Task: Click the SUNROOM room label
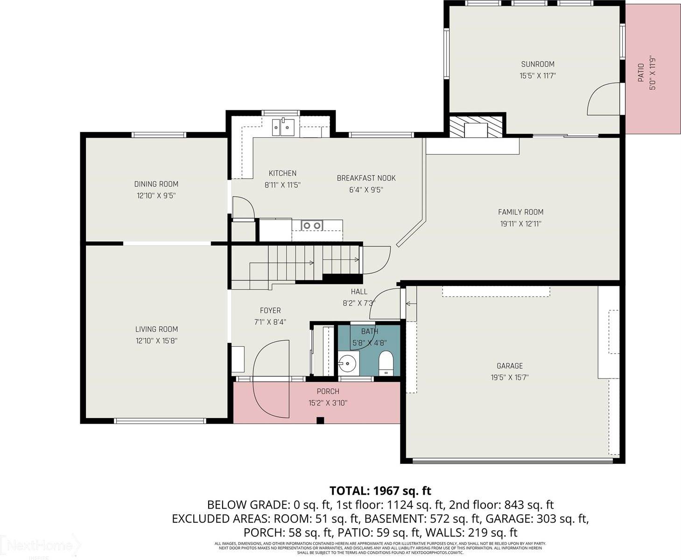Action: (538, 64)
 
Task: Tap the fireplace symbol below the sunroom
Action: (476, 126)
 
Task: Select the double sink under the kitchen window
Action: (283, 126)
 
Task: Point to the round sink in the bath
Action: (347, 363)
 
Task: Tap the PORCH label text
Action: (328, 391)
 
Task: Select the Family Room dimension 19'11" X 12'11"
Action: (520, 224)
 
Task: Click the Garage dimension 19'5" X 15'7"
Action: (509, 378)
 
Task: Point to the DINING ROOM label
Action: (156, 184)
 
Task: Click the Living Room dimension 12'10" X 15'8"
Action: (156, 341)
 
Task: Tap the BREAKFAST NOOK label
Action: (366, 178)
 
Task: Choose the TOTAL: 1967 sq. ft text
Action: (380, 490)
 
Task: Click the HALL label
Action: (359, 292)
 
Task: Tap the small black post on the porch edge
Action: (320, 420)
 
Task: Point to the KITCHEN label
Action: (282, 173)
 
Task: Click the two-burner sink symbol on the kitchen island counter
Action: (312, 225)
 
